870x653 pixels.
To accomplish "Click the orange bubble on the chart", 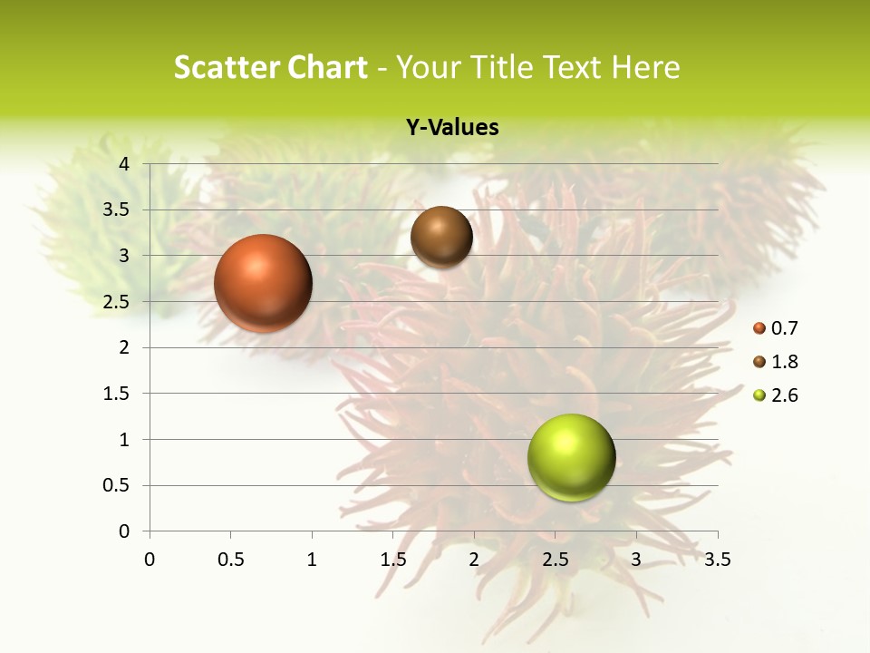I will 264,283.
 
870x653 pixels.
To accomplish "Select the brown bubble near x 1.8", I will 441,237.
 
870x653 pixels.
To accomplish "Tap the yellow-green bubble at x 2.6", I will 571,457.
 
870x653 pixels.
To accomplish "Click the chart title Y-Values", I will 451,128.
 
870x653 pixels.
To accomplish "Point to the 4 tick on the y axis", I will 124,164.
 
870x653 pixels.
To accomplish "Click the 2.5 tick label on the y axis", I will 116,302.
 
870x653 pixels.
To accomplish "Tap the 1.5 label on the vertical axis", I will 116,394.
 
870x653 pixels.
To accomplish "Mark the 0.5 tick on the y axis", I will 116,485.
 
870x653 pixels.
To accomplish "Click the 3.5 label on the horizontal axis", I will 717,560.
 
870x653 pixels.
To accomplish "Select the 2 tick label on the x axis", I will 474,560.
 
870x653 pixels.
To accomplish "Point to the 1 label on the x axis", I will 312,560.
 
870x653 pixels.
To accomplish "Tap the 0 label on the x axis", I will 150,560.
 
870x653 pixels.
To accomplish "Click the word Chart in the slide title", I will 327,66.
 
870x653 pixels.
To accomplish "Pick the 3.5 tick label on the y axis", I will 116,210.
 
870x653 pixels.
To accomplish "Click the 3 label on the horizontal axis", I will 636,560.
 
